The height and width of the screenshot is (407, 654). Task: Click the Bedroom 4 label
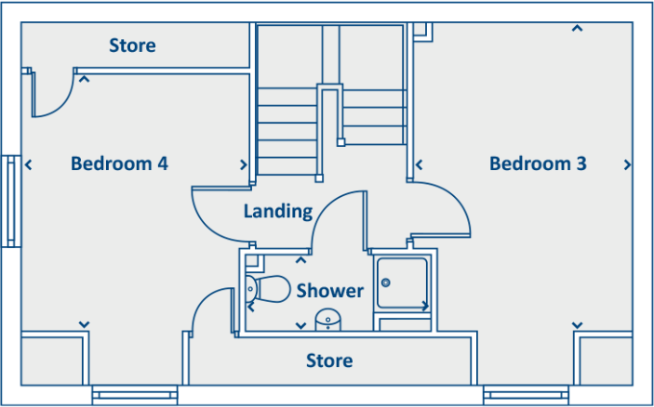click(119, 164)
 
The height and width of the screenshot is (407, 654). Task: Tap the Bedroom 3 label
click(538, 164)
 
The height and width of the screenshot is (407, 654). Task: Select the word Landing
click(278, 211)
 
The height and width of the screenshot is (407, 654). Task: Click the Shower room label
click(330, 290)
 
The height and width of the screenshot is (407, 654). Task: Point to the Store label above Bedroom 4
click(133, 46)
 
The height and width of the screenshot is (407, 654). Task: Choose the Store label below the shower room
click(329, 361)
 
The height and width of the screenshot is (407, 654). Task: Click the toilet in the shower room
click(268, 288)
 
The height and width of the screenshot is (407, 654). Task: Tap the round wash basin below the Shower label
click(327, 320)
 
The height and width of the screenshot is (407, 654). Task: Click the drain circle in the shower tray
click(386, 282)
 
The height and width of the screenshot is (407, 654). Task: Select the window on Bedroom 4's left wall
click(11, 202)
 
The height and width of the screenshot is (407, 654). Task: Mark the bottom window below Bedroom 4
click(135, 395)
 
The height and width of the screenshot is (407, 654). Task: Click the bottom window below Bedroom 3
click(526, 395)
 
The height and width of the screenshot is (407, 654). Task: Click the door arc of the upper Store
click(61, 107)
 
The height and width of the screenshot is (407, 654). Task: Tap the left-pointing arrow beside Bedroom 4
click(28, 165)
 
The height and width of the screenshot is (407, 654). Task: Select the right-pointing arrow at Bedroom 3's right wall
click(627, 165)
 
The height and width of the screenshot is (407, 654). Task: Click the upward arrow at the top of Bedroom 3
click(577, 28)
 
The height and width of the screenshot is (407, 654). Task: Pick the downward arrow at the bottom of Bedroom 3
click(577, 325)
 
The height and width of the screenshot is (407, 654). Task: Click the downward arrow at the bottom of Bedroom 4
click(85, 324)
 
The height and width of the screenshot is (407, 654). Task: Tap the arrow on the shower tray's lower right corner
click(425, 307)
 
